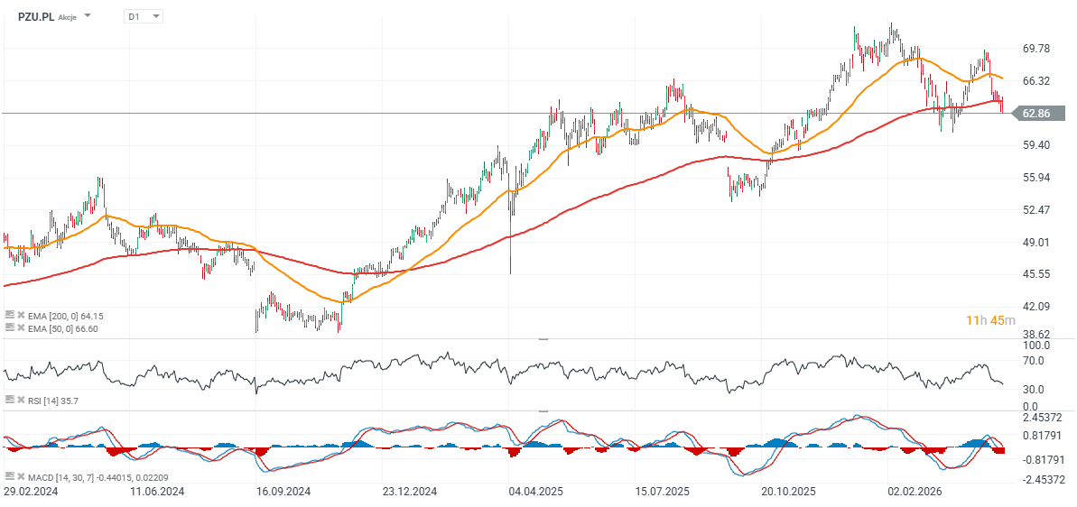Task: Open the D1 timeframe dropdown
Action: (143, 15)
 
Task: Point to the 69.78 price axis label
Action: (1036, 49)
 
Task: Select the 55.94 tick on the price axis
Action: (1036, 178)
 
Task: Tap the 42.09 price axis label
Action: (1036, 306)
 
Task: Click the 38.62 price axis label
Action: (1036, 334)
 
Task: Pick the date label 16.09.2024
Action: (283, 492)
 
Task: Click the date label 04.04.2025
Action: (535, 492)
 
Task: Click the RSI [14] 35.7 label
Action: (52, 400)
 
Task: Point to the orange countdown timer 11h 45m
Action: (989, 320)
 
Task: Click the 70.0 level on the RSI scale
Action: (1033, 361)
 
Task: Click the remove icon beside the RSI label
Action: (20, 400)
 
